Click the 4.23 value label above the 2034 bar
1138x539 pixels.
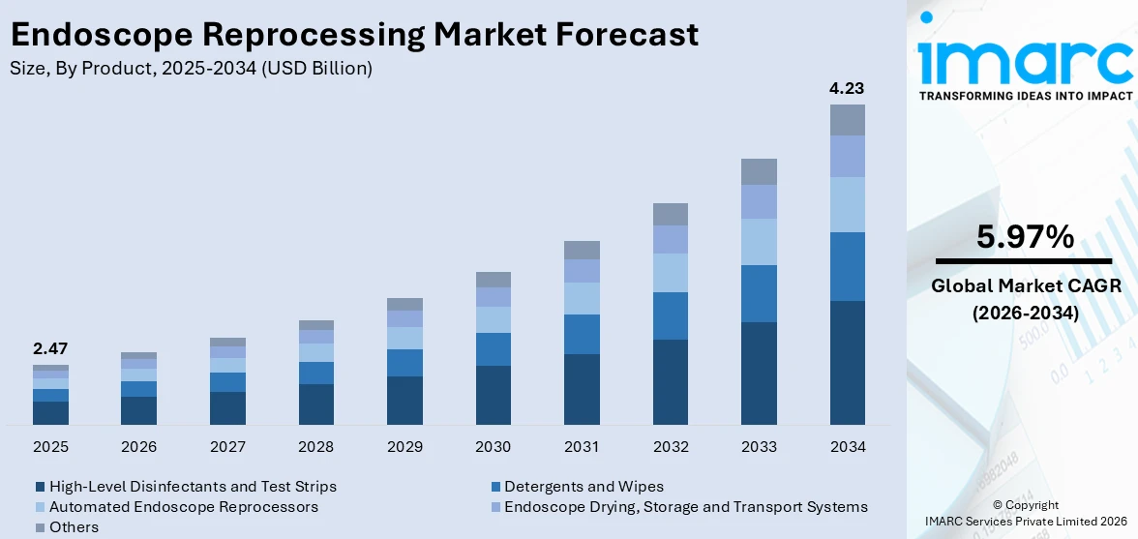pos(847,88)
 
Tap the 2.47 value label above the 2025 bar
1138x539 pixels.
pos(50,348)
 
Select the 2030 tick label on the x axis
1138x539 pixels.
pos(494,447)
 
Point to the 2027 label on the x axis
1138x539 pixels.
pos(227,447)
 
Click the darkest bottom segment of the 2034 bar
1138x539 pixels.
pos(847,362)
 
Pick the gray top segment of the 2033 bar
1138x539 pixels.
pos(759,171)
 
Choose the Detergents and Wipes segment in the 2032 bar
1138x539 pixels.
pos(671,315)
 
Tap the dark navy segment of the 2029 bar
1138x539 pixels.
pos(404,400)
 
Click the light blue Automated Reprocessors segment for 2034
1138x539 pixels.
pos(847,204)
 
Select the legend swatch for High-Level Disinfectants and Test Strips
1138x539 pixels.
pos(40,487)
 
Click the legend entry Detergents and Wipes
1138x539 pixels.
pos(584,487)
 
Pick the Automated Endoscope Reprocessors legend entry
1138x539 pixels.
pos(183,507)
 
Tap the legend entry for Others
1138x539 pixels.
pos(74,527)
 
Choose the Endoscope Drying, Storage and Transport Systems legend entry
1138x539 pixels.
pos(685,507)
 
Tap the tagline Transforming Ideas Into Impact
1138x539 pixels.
pos(1025,96)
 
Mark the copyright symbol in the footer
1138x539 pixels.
pos(998,505)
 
